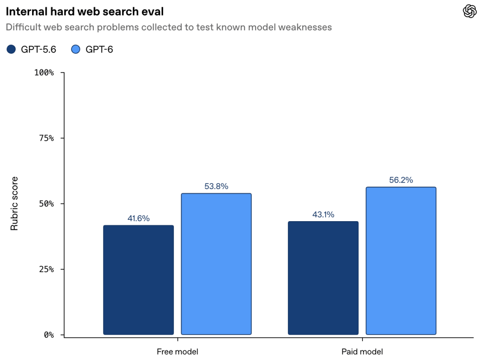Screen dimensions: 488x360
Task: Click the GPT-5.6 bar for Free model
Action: pyautogui.click(x=139, y=280)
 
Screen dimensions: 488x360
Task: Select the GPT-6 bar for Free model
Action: pyautogui.click(x=216, y=264)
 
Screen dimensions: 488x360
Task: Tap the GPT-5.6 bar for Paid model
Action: pyautogui.click(x=323, y=278)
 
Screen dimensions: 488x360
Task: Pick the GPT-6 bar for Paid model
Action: pyautogui.click(x=401, y=261)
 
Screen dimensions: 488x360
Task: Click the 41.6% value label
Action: pyautogui.click(x=139, y=218)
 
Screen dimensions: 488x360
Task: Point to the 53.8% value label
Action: pyautogui.click(x=216, y=186)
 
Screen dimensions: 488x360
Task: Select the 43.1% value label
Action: pyautogui.click(x=324, y=214)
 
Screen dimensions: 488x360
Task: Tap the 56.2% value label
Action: pyautogui.click(x=401, y=180)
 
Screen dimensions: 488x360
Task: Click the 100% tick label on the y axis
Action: pyautogui.click(x=44, y=72)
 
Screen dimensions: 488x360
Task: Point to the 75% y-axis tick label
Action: pyautogui.click(x=47, y=138)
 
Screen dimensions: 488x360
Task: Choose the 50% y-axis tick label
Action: pyautogui.click(x=47, y=204)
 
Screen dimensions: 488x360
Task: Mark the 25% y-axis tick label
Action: pyautogui.click(x=47, y=269)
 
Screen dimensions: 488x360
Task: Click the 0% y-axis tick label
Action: pyautogui.click(x=49, y=335)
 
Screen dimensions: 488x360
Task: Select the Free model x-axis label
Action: pyautogui.click(x=178, y=351)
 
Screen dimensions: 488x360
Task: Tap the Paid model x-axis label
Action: pyautogui.click(x=362, y=351)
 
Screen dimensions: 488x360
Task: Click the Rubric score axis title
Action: pyautogui.click(x=14, y=204)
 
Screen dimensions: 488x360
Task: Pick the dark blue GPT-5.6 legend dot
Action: pyautogui.click(x=11, y=49)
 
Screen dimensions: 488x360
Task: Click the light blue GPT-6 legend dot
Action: pyautogui.click(x=75, y=49)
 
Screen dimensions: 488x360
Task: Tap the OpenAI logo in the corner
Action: pyautogui.click(x=469, y=11)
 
